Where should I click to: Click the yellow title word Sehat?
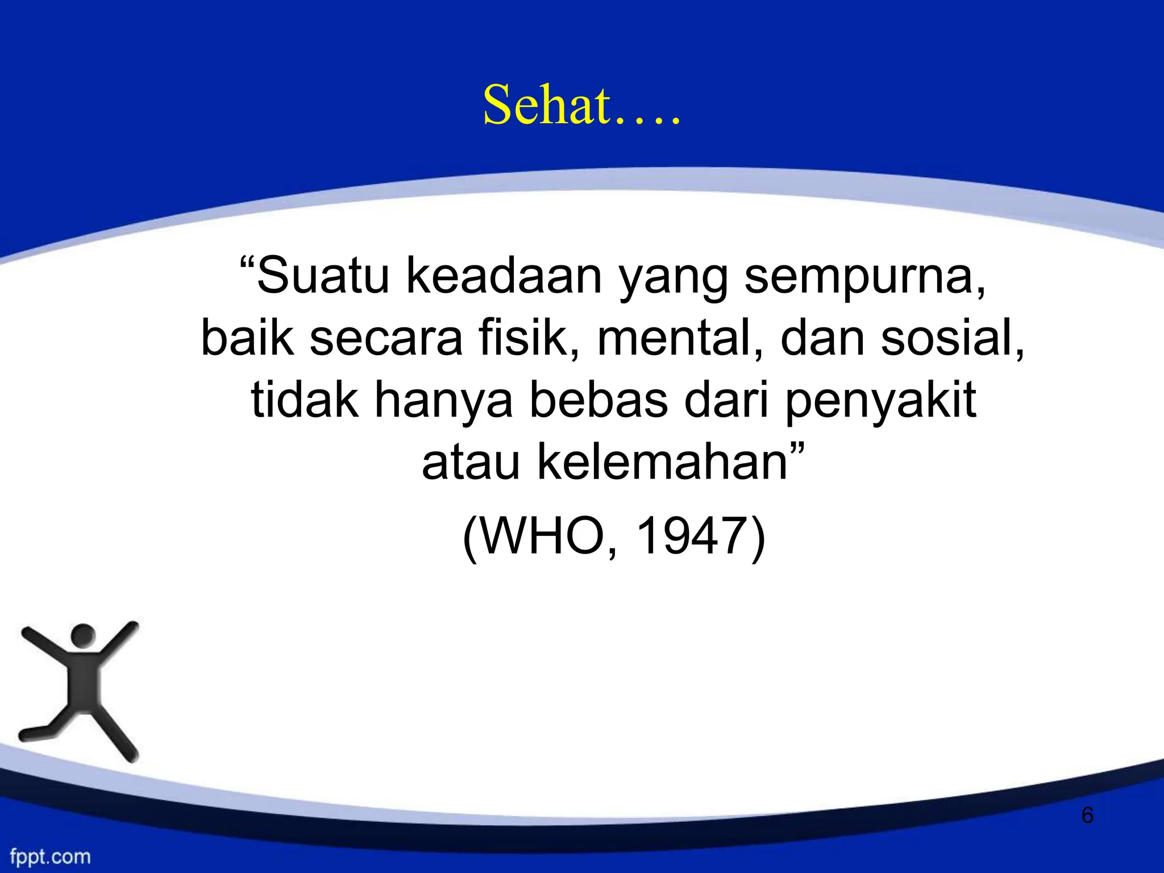(547, 106)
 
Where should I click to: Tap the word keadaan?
(504, 277)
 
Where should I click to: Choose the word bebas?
(599, 400)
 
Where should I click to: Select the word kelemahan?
(662, 463)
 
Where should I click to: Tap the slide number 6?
(1087, 815)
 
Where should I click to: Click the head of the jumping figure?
(83, 635)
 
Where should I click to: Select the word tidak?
(305, 400)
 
